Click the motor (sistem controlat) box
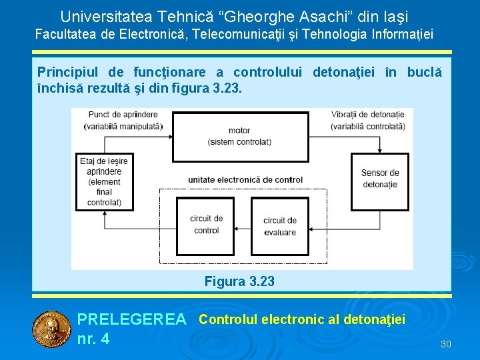tap(239, 136)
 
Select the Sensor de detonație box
tap(380, 179)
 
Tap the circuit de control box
tap(206, 225)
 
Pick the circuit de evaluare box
tap(280, 226)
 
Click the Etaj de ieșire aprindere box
tap(104, 181)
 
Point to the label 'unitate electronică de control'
tap(245, 179)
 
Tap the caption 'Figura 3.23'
tap(239, 281)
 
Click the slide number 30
tap(446, 344)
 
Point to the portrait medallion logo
tap(51, 329)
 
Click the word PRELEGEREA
tap(132, 320)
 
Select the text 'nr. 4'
tap(93, 339)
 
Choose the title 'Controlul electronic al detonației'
tap(302, 319)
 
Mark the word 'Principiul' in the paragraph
tap(65, 72)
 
